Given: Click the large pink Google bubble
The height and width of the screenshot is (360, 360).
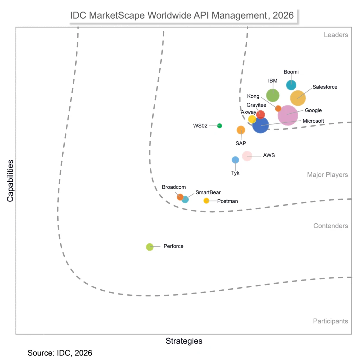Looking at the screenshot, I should tap(288, 115).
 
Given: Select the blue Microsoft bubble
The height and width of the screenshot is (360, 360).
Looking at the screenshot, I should tap(261, 125).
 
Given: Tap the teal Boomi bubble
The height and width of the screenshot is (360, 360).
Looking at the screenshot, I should tap(291, 85).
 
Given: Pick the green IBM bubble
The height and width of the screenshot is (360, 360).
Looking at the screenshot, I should tap(272, 95).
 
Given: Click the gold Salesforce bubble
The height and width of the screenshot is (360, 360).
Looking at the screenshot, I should tap(298, 98).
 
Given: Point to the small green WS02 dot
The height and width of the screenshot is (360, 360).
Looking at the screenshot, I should tap(219, 126).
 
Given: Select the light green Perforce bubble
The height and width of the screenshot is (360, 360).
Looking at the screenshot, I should tap(150, 247).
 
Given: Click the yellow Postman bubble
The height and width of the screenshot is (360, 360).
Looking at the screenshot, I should tap(206, 201).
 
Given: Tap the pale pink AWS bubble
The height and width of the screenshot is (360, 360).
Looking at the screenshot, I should tap(247, 156).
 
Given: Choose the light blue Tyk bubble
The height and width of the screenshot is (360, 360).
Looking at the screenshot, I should tap(235, 160).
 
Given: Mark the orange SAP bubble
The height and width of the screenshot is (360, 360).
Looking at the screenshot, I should tap(241, 130).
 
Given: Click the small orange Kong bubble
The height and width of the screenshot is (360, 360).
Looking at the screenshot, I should tap(278, 108).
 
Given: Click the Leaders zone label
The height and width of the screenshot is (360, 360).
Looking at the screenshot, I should tap(336, 35).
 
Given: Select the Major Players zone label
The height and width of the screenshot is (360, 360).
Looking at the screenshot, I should tap(327, 175).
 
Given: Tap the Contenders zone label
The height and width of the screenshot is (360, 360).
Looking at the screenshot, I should tap(330, 226).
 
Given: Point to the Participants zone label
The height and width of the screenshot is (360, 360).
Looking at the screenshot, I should tap(330, 321).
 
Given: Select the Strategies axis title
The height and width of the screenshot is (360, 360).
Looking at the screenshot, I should tap(184, 341).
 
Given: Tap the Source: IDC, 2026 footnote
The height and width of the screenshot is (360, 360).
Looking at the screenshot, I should tap(60, 353).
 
